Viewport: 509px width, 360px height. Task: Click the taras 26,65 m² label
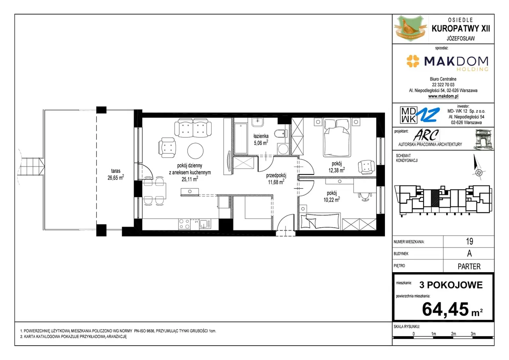116,174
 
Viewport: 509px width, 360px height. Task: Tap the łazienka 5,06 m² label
261,139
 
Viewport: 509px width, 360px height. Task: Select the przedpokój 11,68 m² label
276,179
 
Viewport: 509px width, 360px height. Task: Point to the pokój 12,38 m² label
336,167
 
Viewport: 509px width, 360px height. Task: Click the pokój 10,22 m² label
332,196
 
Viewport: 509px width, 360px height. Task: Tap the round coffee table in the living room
195,151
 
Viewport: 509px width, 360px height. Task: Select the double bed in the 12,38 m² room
337,137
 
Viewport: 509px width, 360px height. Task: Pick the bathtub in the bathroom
241,138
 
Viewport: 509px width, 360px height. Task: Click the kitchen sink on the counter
205,224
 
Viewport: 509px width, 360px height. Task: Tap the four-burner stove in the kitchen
184,224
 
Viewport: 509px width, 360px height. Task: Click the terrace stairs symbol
31,167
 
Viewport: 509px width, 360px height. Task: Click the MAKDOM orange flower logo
413,61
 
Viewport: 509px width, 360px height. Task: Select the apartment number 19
470,241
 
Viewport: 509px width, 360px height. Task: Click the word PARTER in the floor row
469,267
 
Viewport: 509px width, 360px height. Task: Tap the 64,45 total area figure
445,310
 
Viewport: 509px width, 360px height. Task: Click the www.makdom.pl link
443,96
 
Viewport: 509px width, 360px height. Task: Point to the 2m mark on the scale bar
454,334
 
